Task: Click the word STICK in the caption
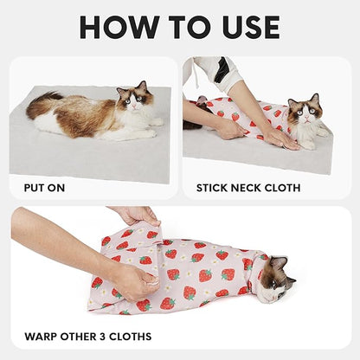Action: coord(213,186)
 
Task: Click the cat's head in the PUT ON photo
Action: coord(136,98)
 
